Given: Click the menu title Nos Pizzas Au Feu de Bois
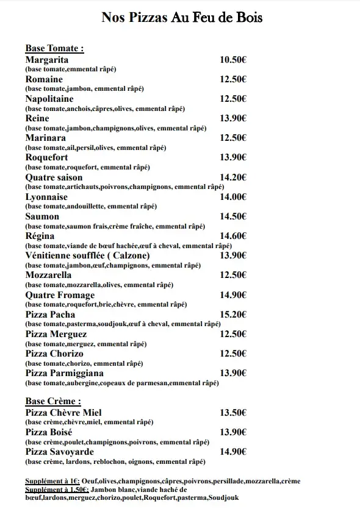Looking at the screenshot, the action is [182, 18].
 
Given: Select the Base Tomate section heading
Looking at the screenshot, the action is [54, 49].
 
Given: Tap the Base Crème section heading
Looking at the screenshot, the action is [53, 401].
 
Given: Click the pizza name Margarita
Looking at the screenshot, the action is [46, 60].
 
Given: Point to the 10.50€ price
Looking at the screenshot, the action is [232, 60].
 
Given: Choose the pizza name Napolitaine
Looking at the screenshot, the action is [49, 99].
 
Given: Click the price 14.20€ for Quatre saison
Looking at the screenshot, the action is [232, 177].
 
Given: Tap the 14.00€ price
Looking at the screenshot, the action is [232, 197].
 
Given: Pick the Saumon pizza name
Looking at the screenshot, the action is [42, 216].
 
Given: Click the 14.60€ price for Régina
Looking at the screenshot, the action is [232, 236].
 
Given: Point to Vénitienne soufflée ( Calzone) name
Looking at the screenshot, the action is [87, 255].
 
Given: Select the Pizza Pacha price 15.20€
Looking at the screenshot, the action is [232, 315].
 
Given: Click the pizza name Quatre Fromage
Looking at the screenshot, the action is [60, 295].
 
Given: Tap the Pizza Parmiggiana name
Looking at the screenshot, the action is [64, 373].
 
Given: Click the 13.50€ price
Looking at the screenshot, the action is [232, 413].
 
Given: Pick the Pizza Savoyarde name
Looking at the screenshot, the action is [59, 452].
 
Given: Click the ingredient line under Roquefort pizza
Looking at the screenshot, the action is [87, 167].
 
